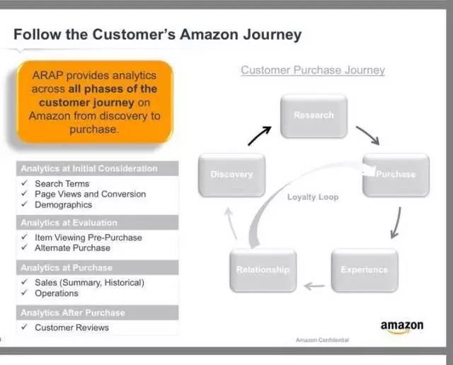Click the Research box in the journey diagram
[x=314, y=115]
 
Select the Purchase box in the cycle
[x=396, y=174]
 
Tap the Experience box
[x=364, y=270]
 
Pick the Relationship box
[x=263, y=270]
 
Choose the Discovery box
[x=231, y=174]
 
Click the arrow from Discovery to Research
[x=260, y=135]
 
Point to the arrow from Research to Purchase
[x=367, y=134]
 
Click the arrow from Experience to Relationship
[x=314, y=286]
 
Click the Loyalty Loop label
[x=313, y=197]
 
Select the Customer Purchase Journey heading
[x=313, y=70]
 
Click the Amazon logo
[x=402, y=326]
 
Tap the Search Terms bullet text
[x=62, y=184]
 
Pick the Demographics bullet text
[x=64, y=204]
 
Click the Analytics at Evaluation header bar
[x=98, y=223]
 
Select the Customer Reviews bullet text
[x=72, y=328]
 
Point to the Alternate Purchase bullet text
[x=73, y=248]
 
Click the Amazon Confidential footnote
[x=322, y=340]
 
